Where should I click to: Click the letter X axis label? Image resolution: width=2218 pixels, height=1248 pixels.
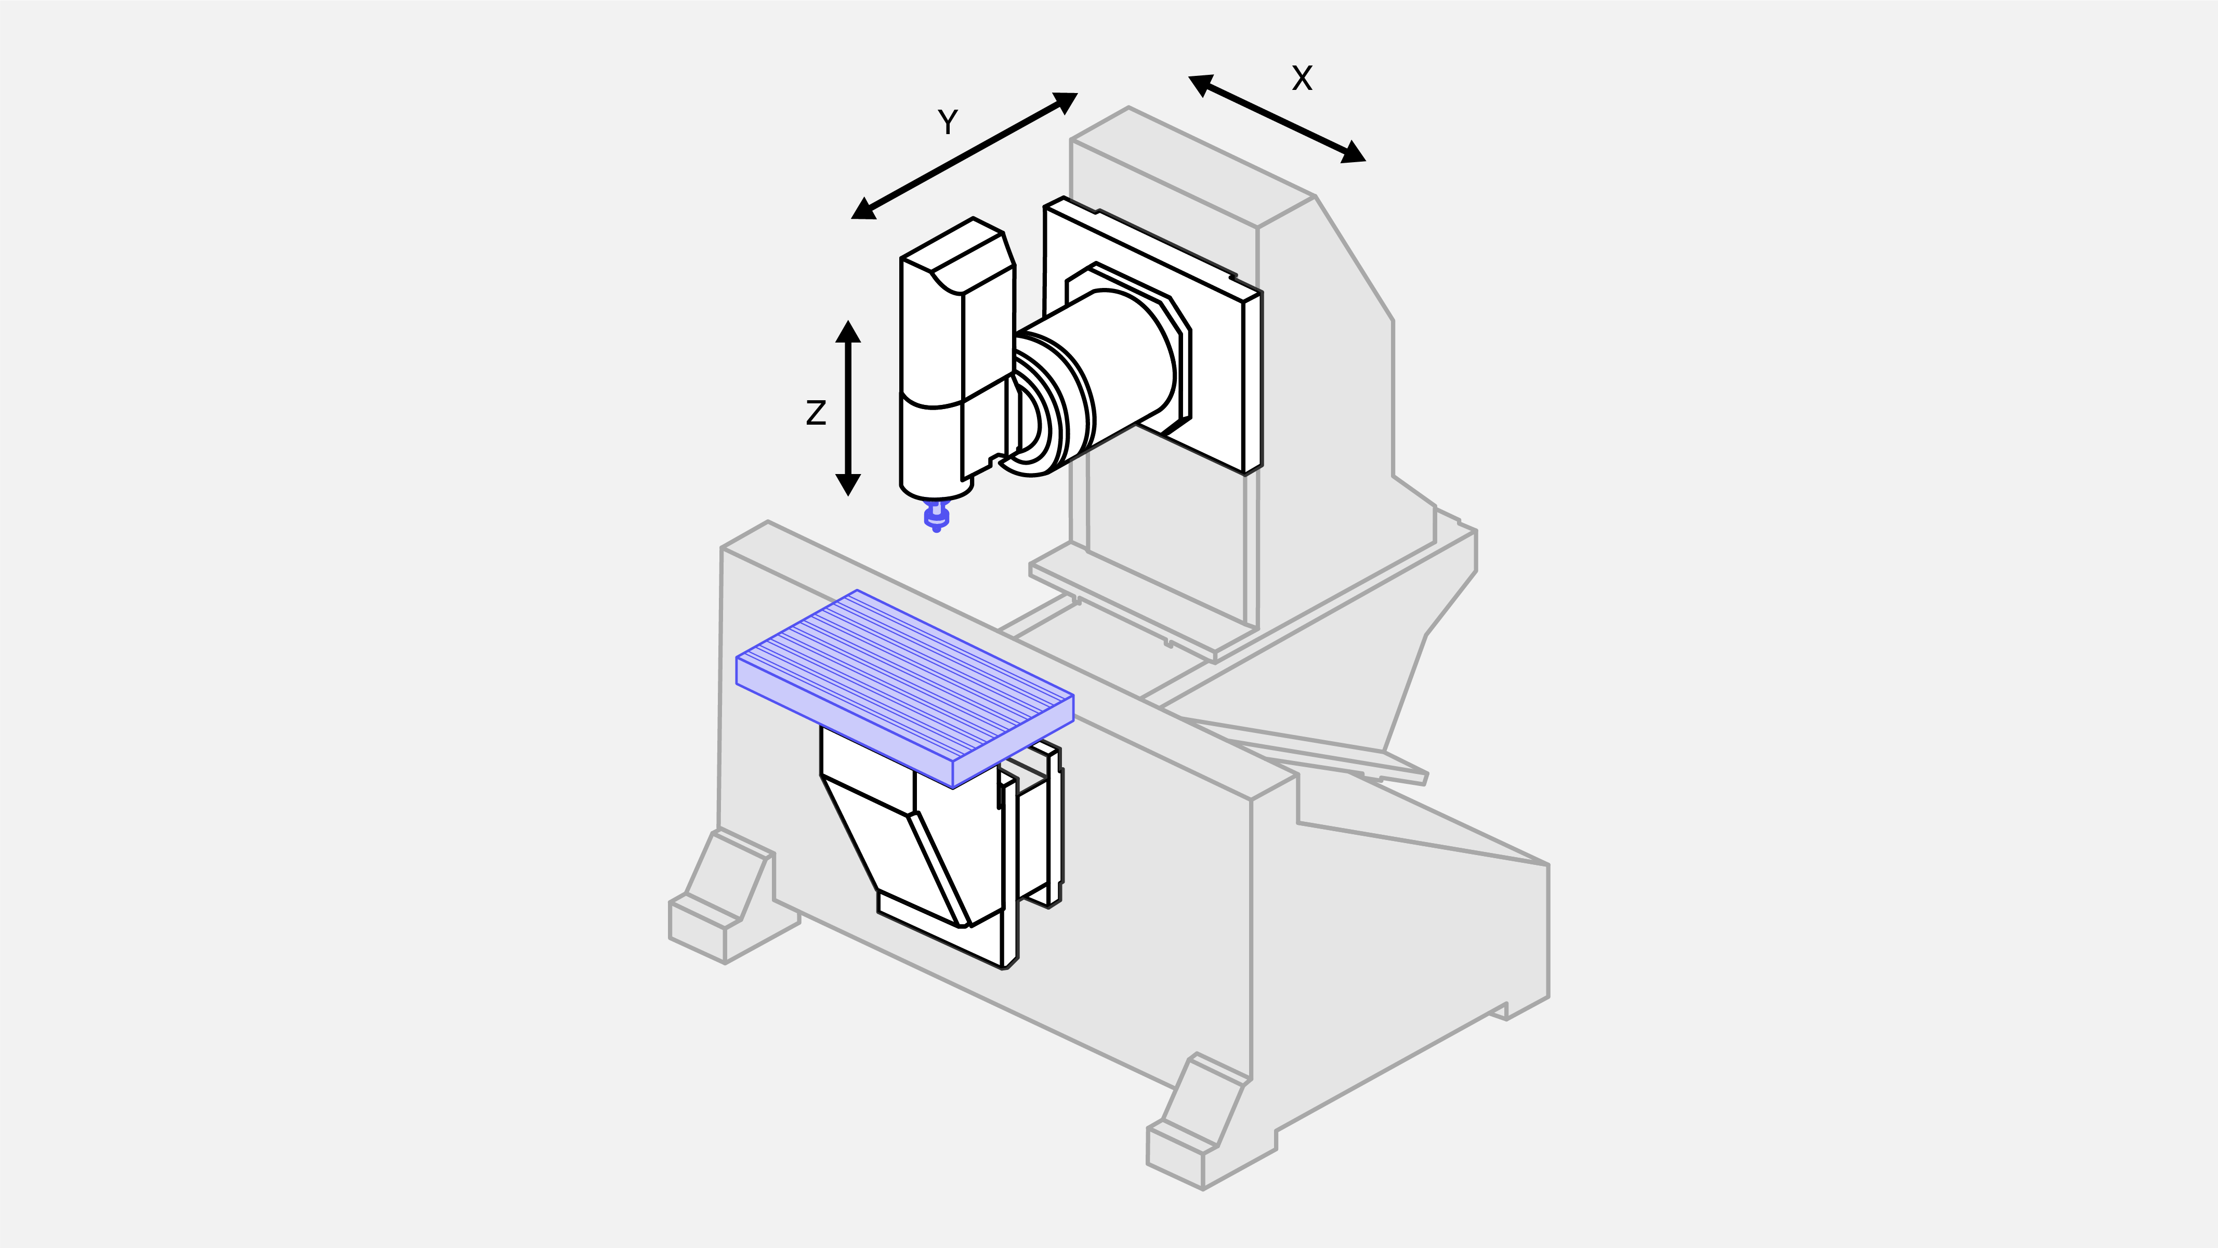tap(1302, 78)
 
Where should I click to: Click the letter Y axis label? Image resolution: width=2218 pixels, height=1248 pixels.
tap(947, 122)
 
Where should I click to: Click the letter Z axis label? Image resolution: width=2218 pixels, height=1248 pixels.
tap(816, 413)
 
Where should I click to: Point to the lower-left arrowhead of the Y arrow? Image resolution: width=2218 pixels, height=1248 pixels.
tap(863, 209)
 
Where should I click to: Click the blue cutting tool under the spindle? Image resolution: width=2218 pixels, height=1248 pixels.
tap(937, 517)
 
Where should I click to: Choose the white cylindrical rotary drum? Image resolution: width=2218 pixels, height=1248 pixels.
tap(1111, 362)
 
